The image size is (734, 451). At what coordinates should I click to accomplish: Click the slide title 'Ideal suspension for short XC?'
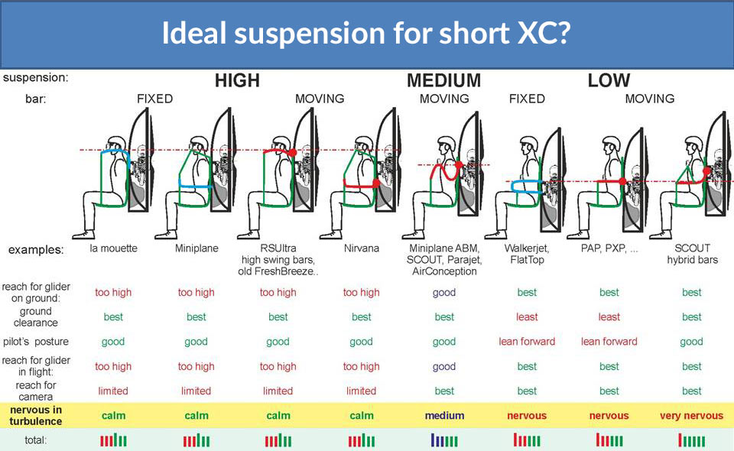coord(366,34)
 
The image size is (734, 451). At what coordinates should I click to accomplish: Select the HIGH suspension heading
coord(237,80)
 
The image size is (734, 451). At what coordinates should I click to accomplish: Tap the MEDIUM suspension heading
coord(443,80)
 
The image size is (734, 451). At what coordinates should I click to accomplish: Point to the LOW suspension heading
coord(609,80)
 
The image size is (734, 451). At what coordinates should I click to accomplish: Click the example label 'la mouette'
coord(112,248)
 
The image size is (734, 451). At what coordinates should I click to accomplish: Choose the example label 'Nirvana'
coord(361,248)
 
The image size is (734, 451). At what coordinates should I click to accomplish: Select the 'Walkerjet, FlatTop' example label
coord(527,254)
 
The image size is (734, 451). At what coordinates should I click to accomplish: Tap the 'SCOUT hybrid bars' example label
coord(692,254)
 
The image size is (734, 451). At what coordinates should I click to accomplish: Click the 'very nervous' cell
coord(691,416)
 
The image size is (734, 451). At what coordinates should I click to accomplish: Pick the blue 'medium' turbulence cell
coord(444,416)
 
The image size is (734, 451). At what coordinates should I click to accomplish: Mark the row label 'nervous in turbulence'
coord(36,415)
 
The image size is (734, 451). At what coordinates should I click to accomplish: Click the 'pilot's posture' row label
coord(36,342)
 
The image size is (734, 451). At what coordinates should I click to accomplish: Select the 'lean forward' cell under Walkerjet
coord(527,342)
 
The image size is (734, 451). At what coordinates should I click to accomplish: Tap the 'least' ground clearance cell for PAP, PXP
coord(609,317)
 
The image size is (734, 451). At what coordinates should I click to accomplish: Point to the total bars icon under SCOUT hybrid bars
coord(692,440)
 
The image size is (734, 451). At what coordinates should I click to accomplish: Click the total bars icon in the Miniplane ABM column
coord(444,440)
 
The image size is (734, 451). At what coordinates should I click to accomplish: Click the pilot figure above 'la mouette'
coord(115,183)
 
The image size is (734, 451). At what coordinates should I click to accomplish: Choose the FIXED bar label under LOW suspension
coord(527,99)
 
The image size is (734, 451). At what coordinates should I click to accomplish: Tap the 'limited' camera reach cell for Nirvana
coord(361,391)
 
